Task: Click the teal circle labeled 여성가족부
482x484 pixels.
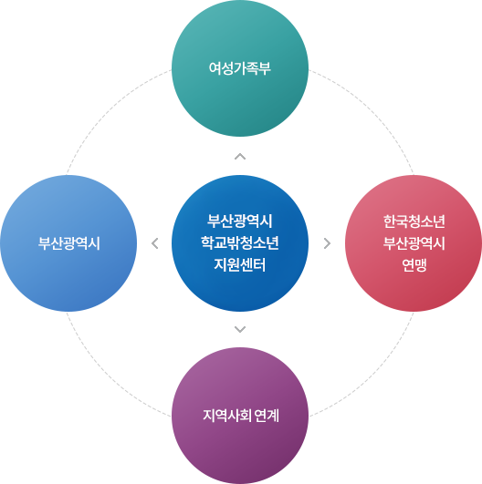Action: tap(240, 68)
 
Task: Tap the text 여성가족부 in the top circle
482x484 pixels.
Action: tap(240, 68)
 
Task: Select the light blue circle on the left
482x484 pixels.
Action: tap(68, 243)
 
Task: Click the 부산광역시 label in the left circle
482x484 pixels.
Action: tap(69, 243)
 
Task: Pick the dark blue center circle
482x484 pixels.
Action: tap(240, 243)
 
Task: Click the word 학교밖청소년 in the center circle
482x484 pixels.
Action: tap(240, 243)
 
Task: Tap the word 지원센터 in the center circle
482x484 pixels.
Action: tap(240, 265)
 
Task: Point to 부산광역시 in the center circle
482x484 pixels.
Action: tap(240, 221)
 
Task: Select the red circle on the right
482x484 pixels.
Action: tap(414, 243)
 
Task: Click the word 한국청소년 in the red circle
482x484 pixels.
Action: tap(414, 221)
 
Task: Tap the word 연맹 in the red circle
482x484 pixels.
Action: tap(414, 265)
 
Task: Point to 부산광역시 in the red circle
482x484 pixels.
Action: tap(414, 243)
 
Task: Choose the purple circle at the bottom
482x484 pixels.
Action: tap(240, 416)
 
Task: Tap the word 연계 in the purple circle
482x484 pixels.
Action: tap(267, 416)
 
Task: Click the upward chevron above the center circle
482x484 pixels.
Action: tap(240, 156)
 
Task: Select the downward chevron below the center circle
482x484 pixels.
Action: tap(240, 329)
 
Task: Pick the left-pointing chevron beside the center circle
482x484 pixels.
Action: tap(154, 243)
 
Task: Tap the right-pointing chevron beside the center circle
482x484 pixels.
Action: tap(327, 243)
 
